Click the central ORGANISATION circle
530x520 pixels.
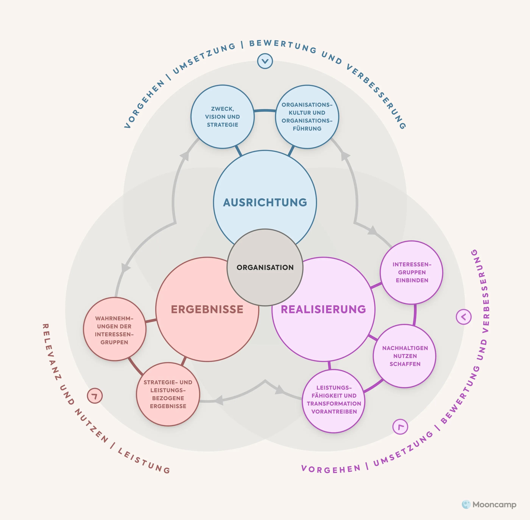point(265,267)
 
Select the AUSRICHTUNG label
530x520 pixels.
point(265,202)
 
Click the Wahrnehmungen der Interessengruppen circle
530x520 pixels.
point(114,330)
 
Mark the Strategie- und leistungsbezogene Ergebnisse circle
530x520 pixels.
point(168,394)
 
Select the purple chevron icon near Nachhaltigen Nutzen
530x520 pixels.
point(464,317)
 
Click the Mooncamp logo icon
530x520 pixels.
point(466,504)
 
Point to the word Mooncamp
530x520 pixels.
point(494,505)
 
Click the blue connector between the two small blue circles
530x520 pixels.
point(265,111)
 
